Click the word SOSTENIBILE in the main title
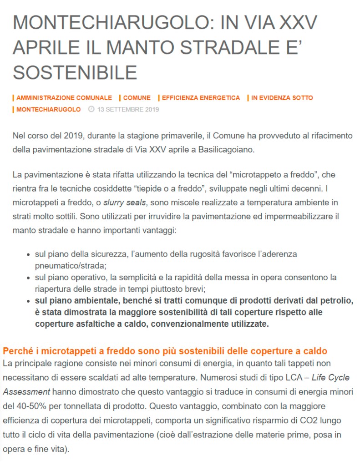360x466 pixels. click(x=75, y=72)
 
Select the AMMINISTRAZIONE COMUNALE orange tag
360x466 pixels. click(x=64, y=98)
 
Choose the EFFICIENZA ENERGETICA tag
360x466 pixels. click(x=201, y=98)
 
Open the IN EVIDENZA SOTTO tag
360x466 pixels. click(x=282, y=98)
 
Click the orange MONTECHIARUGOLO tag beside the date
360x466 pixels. click(x=48, y=110)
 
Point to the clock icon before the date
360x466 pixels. click(x=91, y=110)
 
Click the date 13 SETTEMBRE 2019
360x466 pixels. click(x=128, y=110)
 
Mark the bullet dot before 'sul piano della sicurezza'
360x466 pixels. click(x=29, y=255)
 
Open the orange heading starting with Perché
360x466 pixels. click(x=165, y=351)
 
